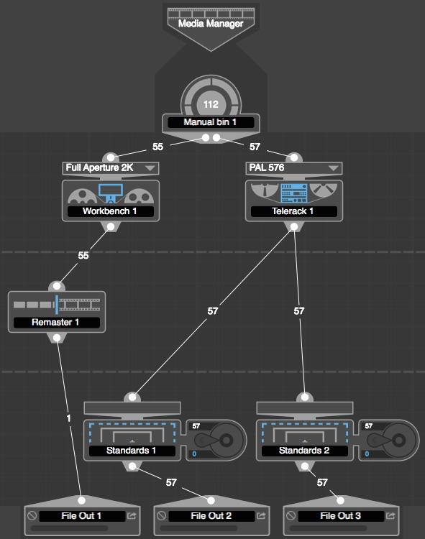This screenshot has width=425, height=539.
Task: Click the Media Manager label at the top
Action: coord(211,24)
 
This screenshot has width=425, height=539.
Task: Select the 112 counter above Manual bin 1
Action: coord(211,104)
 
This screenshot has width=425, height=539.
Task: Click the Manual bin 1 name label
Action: coord(211,122)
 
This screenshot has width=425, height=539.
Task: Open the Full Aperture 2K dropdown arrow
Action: coord(150,168)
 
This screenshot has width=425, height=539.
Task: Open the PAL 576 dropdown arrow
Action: coord(333,168)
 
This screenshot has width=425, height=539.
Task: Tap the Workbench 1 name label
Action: coord(110,211)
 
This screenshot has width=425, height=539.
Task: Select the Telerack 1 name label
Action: coord(293,211)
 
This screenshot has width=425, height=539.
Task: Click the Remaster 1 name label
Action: coord(56,322)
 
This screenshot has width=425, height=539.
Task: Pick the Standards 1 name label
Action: coord(132,451)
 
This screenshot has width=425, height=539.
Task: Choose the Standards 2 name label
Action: coord(304,451)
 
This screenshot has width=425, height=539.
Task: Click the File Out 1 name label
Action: coord(82,516)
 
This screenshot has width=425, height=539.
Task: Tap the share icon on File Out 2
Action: coord(261,515)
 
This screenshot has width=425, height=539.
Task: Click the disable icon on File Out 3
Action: coord(291,515)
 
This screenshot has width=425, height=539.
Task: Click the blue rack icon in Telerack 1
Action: coord(293,193)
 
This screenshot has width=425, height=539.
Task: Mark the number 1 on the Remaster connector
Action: coord(68,418)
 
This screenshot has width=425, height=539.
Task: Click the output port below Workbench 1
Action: coord(110,227)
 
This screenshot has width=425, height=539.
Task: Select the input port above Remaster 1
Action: coord(57,286)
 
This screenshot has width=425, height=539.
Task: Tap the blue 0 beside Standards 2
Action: coord(367,453)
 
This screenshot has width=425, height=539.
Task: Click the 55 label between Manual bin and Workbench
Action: coord(157,147)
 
